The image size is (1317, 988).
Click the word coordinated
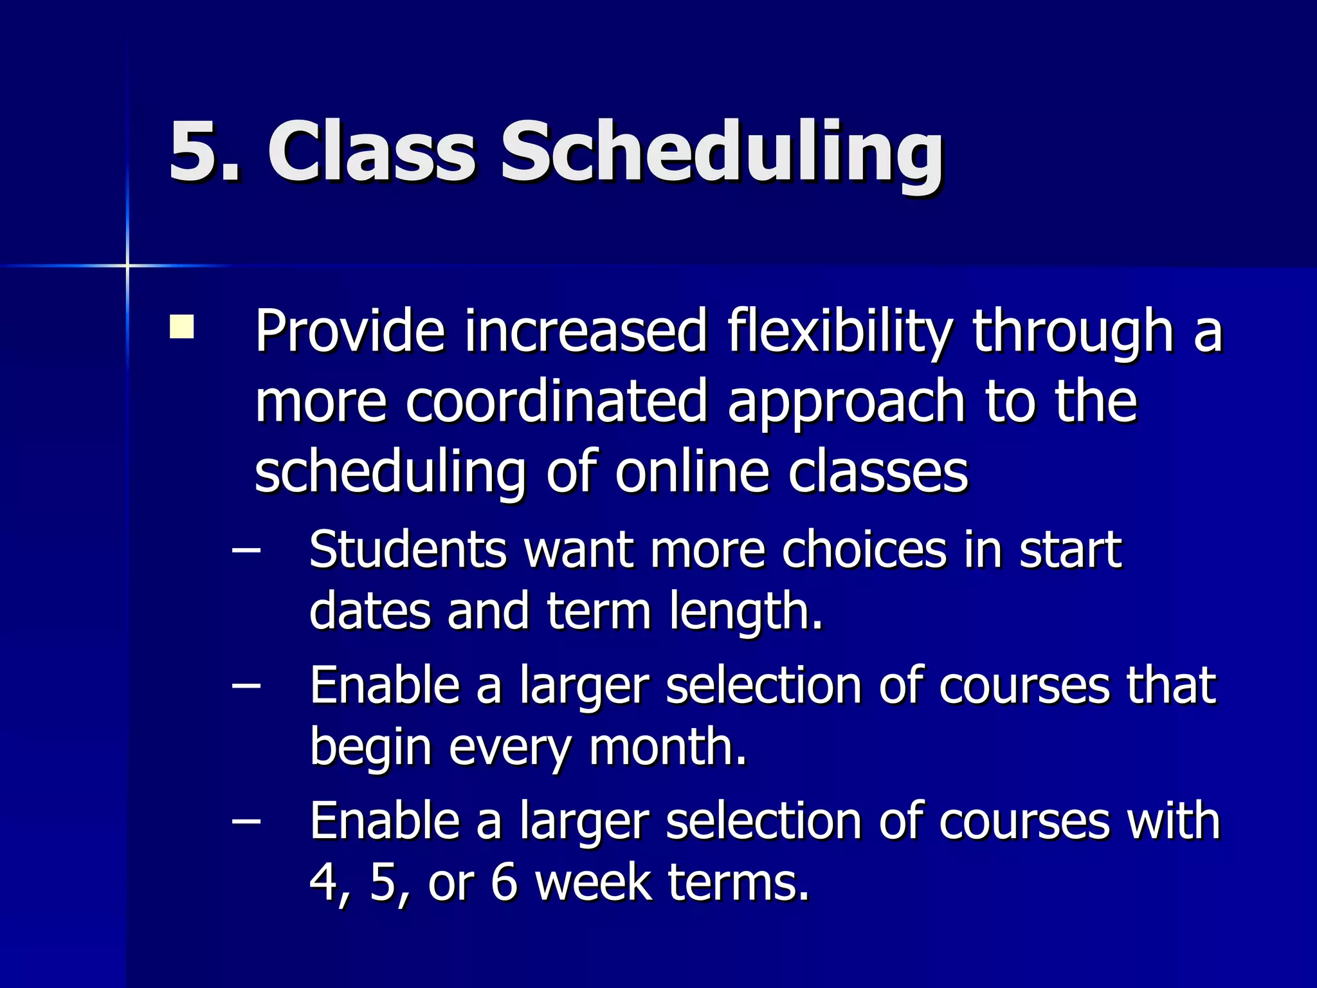coord(556,402)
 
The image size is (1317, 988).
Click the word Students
coord(408,550)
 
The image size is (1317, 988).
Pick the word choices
coord(864,550)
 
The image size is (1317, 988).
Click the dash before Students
coord(246,551)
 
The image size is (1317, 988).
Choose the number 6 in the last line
coord(504,883)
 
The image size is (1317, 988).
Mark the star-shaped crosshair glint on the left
coord(127,265)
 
